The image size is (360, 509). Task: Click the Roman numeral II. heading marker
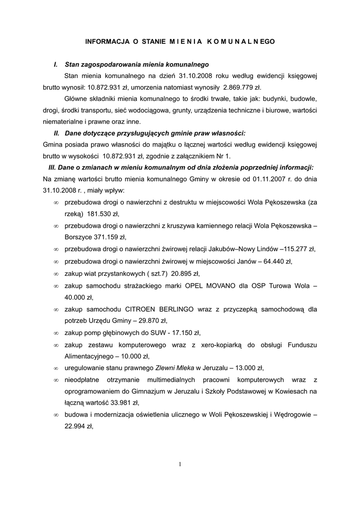click(57, 133)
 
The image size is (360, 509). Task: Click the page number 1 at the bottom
click(180, 464)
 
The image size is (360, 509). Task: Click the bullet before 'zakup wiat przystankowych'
click(56, 274)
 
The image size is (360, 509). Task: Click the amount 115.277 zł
click(298, 250)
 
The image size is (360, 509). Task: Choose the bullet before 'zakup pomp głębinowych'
click(56, 332)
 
